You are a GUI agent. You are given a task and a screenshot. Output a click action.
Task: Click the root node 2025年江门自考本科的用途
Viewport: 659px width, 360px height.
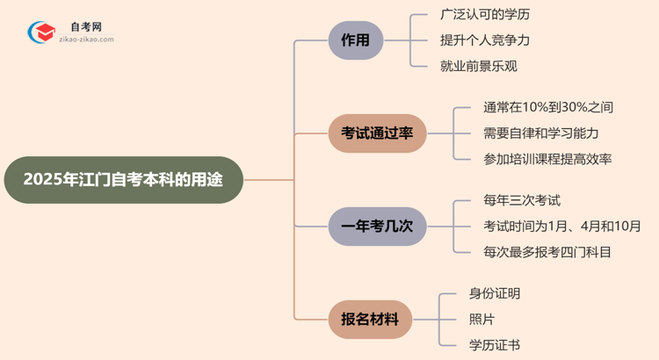click(123, 180)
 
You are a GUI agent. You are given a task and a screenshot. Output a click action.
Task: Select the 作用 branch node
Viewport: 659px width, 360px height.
click(355, 40)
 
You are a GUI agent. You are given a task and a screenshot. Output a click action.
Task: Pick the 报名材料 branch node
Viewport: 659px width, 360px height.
click(369, 320)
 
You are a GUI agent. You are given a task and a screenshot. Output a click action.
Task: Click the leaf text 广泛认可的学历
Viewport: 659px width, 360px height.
click(485, 15)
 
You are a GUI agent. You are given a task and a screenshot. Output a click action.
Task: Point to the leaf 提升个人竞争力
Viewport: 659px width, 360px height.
click(485, 40)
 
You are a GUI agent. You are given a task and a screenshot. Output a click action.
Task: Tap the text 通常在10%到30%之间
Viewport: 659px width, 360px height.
click(547, 108)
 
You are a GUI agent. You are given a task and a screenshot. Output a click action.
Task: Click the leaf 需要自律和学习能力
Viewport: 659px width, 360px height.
click(540, 133)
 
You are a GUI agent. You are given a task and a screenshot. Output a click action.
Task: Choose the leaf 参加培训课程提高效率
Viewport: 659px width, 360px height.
click(547, 159)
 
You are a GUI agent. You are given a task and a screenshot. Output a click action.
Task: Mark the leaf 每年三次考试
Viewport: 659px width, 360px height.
click(522, 201)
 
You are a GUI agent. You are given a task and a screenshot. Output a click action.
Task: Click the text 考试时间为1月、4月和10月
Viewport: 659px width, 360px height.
click(561, 227)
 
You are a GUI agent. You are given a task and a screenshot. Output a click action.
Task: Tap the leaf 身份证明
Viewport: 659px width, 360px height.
click(496, 294)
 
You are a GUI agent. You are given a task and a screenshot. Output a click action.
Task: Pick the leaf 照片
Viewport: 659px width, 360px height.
click(482, 320)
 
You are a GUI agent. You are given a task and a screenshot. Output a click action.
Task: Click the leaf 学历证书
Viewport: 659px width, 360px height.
click(496, 345)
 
